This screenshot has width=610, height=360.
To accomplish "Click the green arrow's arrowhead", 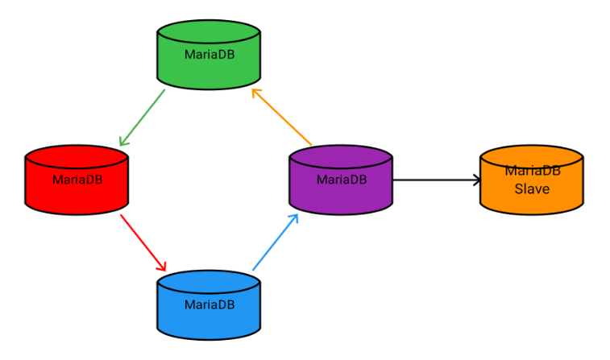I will point(122,143).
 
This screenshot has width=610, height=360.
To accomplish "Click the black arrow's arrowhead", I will point(478,180).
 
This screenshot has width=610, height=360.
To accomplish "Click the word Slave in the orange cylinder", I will point(532,189).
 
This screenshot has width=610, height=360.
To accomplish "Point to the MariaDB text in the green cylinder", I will point(209,55).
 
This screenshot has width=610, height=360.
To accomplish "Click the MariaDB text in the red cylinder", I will point(77,180).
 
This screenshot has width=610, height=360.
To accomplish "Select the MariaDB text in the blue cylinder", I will point(209,304).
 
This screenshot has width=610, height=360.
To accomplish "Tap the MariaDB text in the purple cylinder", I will point(341,180).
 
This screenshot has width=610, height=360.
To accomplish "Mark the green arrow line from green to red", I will point(143,117).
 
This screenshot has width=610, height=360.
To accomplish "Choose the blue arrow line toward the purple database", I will point(274,243).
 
